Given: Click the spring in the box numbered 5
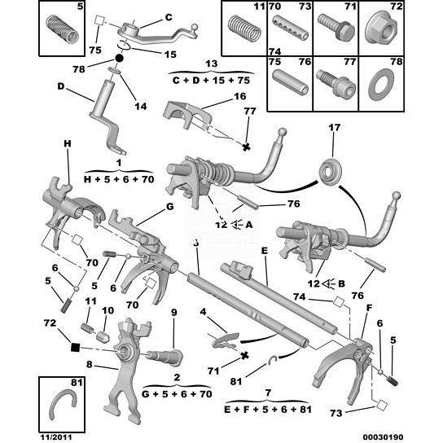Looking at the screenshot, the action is pos(62,29).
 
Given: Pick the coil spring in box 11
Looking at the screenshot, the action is pos(244,29).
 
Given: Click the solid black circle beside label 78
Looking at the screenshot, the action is pos(119,59).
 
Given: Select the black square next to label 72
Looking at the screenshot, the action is pos(75,347).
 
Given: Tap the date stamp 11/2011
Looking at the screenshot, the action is pos(56,437).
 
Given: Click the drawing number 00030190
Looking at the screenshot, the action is pos(383,437).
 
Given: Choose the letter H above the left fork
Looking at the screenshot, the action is pos(68,143).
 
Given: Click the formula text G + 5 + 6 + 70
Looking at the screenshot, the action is pos(177,394).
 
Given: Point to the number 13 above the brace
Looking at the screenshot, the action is pos(211,64).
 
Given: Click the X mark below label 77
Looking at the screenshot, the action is pos(247,147).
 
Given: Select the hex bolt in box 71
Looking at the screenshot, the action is pos(336,29).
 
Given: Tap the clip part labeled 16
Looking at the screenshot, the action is pos(186,116).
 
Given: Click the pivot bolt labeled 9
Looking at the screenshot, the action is pos(164,357).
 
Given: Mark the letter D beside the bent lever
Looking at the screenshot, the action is pos(61,86).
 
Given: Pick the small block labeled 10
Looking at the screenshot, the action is pos(103,336).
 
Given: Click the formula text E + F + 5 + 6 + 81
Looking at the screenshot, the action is pos(268,410).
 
